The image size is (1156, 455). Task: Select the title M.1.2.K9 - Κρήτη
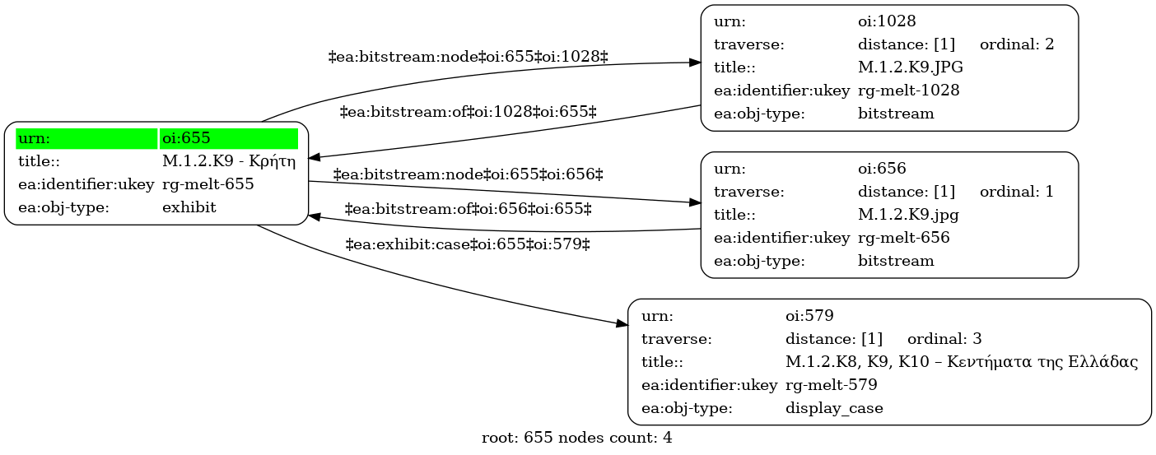point(229,161)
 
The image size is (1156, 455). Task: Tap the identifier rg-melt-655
point(208,184)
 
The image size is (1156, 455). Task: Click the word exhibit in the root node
point(189,207)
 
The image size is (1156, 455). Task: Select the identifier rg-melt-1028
point(908,91)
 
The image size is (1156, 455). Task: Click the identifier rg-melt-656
point(904,237)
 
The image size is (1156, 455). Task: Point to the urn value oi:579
point(809,316)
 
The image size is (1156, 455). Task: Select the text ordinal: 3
point(944,339)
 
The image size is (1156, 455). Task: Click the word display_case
point(834,408)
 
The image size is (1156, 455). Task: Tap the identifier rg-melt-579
point(831,385)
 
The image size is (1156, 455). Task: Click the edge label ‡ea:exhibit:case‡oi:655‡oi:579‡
point(468,244)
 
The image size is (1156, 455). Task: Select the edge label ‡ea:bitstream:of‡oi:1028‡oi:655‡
point(468,112)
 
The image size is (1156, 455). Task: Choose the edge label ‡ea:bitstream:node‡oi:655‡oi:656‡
point(468,174)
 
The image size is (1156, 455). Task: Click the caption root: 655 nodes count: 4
point(577,438)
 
